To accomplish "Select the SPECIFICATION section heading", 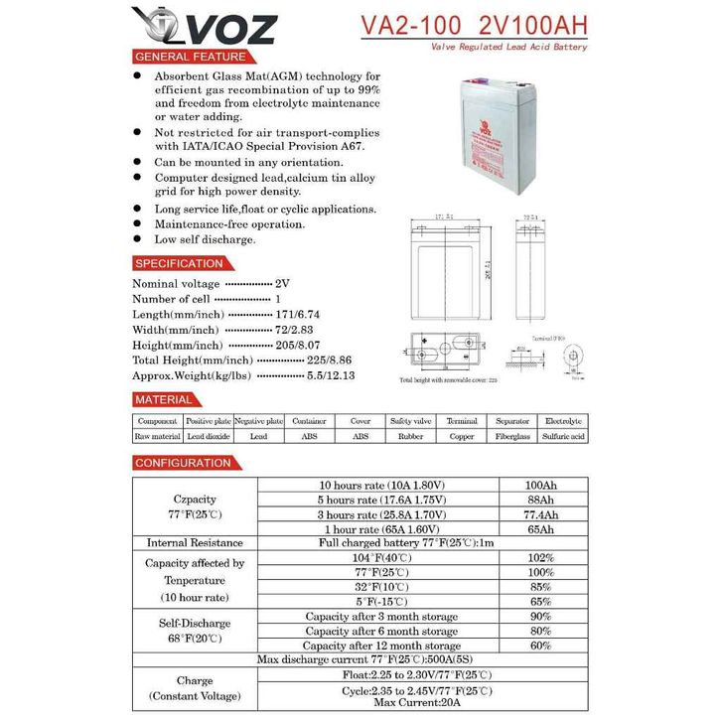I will pyautogui.click(x=179, y=263).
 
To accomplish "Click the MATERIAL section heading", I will pyautogui.click(x=164, y=399).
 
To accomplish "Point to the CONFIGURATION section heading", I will pyautogui.click(x=183, y=463).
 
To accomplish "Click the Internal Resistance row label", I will pyautogui.click(x=195, y=543).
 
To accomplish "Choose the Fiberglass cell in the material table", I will pyautogui.click(x=512, y=436).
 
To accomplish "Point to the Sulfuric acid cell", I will pyautogui.click(x=563, y=436).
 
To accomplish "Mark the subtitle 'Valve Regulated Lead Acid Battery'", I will pyautogui.click(x=508, y=47).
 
